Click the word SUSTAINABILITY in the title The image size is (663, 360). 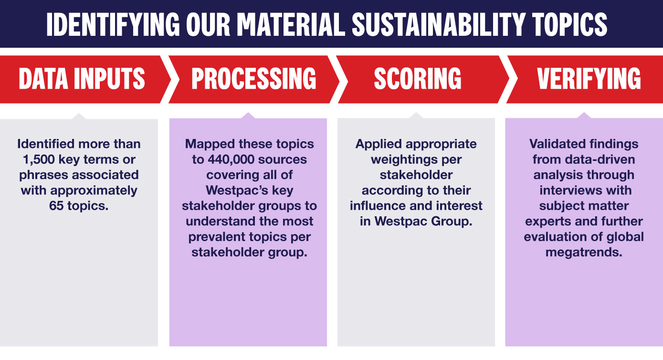click(x=438, y=24)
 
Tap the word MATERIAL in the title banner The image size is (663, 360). click(x=291, y=24)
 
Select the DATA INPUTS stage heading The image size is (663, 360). click(x=82, y=78)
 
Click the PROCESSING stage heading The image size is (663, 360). click(x=253, y=78)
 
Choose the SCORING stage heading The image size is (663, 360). click(x=418, y=78)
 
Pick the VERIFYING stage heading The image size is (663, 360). click(x=589, y=78)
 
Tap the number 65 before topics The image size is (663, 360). click(x=56, y=206)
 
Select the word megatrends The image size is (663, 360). click(x=584, y=253)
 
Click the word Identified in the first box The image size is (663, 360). click(x=46, y=144)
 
